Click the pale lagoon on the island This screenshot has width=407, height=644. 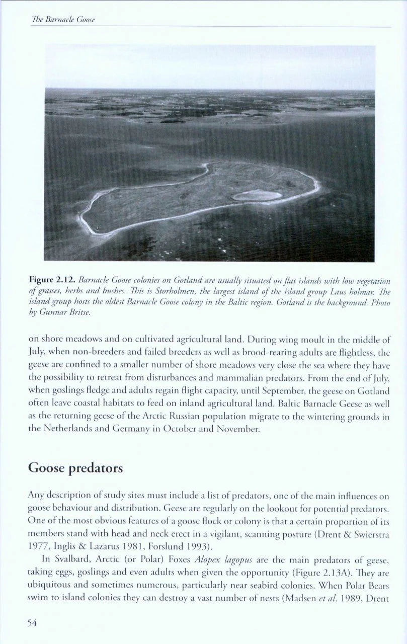257,195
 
